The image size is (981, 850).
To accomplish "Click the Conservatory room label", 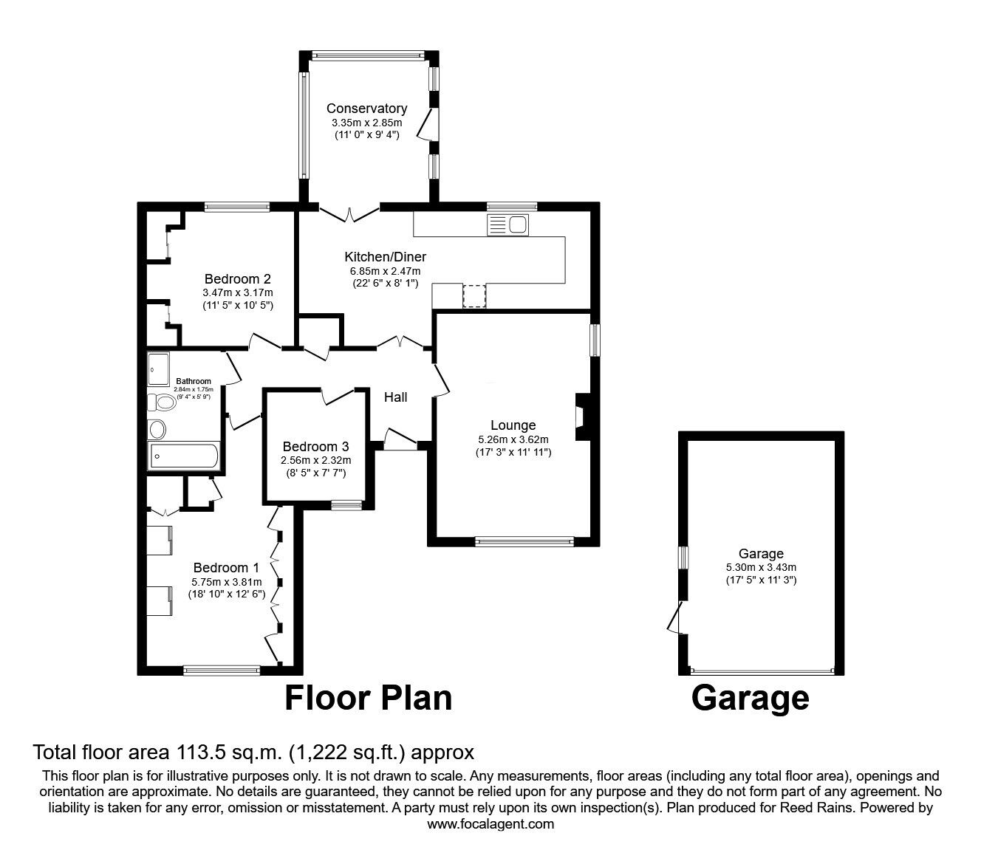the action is [x=367, y=109].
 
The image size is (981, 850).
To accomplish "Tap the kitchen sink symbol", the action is [x=507, y=225].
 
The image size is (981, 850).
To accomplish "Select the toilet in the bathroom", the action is [x=160, y=403].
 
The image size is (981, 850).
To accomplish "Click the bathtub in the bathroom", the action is [x=183, y=456].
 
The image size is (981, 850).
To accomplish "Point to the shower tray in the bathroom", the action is [x=159, y=369].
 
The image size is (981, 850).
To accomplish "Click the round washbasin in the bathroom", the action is [x=157, y=430].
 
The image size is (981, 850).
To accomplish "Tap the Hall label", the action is [x=395, y=397].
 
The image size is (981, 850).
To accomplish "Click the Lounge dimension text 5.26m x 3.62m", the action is [x=513, y=439].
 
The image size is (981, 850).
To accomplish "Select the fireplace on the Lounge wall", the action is [x=583, y=417].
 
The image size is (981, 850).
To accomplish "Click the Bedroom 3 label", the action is [x=315, y=447].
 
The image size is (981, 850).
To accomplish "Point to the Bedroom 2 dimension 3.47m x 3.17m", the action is [x=238, y=293].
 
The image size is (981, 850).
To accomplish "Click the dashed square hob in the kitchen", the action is [x=474, y=295].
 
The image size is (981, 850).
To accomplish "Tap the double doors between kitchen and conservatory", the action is [x=349, y=213].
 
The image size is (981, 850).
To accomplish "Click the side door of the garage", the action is [x=675, y=617].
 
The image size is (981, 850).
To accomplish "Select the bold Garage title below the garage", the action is [x=751, y=699].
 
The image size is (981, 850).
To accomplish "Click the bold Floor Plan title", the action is [x=369, y=698].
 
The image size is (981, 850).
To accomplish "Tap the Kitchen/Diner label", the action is [x=386, y=257].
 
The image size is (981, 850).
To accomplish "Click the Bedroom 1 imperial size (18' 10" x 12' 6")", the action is [x=227, y=594].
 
